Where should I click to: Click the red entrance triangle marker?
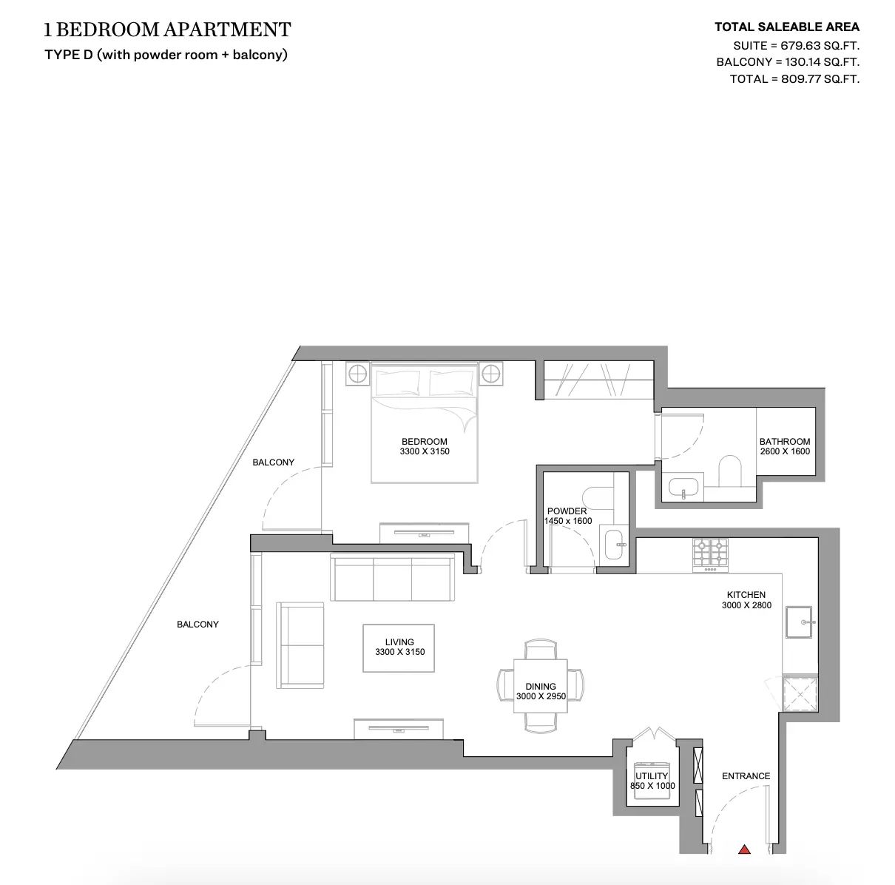tap(745, 849)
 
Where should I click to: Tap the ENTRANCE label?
tap(746, 776)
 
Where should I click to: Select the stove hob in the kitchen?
tap(710, 555)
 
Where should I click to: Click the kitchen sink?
tap(799, 622)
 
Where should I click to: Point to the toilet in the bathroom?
tap(729, 471)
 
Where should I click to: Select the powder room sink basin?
tap(615, 545)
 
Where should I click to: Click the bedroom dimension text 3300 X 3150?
tap(425, 451)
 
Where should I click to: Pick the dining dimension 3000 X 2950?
tap(541, 696)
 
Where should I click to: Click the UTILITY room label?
tap(652, 776)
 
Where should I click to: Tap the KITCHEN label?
tap(746, 595)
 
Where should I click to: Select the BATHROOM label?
tap(785, 442)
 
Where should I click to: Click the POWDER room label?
tap(567, 511)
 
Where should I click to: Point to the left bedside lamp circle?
tap(357, 374)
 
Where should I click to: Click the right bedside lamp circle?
tap(490, 373)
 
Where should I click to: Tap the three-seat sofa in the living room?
tap(393, 577)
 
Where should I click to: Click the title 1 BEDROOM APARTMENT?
tap(168, 30)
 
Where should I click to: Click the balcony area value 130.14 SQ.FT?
tap(822, 62)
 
